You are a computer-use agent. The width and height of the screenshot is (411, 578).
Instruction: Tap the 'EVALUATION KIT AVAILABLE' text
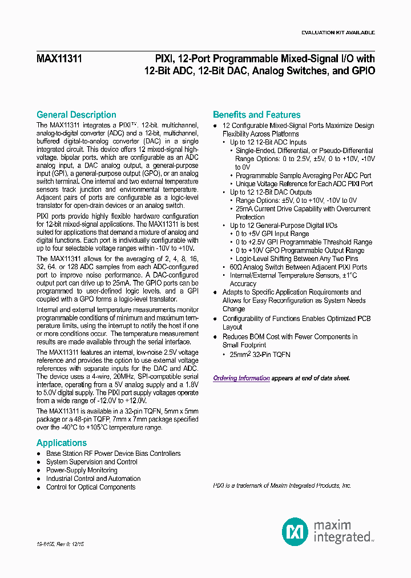[x=337, y=33]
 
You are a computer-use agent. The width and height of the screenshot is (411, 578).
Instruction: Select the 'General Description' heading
[x=76, y=115]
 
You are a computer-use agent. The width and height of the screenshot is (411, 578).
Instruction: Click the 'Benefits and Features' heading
[x=256, y=115]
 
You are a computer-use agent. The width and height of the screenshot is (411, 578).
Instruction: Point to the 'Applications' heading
[x=62, y=443]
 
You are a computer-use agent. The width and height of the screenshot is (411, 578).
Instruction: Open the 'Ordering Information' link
[x=241, y=378]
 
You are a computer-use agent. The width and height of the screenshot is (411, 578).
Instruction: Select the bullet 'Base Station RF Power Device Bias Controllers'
[x=113, y=453]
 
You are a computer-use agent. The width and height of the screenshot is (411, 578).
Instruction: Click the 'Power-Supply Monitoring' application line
[x=81, y=470]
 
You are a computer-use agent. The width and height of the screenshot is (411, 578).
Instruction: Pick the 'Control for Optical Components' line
[x=91, y=487]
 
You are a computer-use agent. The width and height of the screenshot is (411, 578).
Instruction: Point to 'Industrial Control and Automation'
[x=93, y=479]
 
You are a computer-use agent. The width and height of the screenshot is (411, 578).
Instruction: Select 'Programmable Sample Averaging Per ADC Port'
[x=303, y=176]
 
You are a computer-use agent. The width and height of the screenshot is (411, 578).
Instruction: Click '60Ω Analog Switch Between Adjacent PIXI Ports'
[x=298, y=267]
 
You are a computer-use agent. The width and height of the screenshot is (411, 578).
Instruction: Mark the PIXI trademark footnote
[x=282, y=485]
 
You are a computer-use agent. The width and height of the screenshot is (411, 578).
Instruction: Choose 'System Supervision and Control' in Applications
[x=91, y=462]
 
